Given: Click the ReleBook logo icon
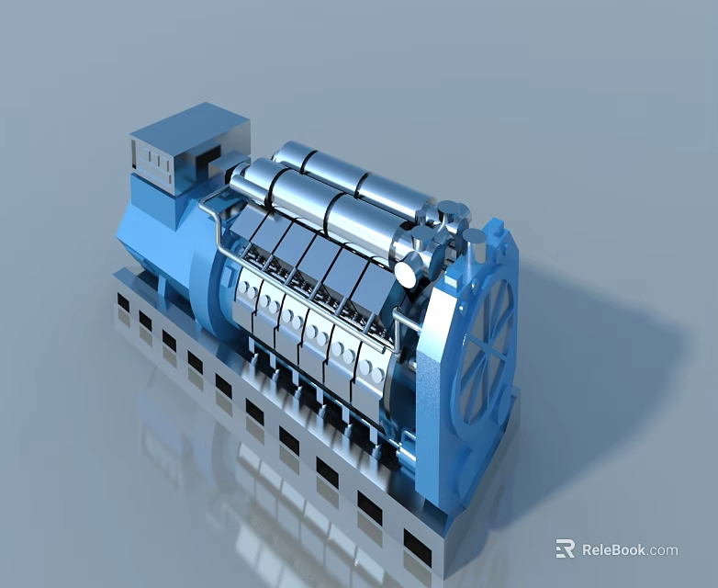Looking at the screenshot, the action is coord(565,548).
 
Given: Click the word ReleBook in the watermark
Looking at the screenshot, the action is coord(613,549).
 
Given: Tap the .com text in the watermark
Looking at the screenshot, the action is coord(662,550).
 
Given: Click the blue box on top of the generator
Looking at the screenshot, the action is coord(190,148).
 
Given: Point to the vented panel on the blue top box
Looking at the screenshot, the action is coord(153,163).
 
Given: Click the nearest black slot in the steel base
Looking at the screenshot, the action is coord(418,545).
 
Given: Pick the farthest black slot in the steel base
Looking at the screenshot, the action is coord(124,301).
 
